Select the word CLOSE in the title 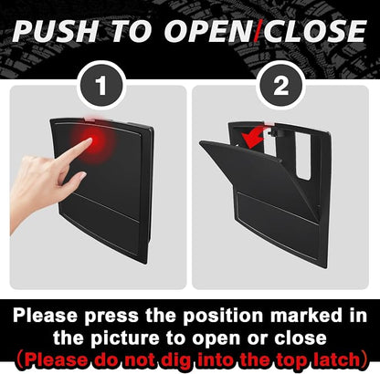pyautogui.click(x=314, y=31)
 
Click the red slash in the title pyautogui.click(x=259, y=31)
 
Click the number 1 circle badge pyautogui.click(x=101, y=86)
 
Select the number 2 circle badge pyautogui.click(x=280, y=86)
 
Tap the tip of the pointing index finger pyautogui.click(x=90, y=140)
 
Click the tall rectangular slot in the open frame pyautogui.click(x=302, y=155)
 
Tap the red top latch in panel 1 pyautogui.click(x=92, y=119)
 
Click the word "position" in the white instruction pyautogui.click(x=223, y=316)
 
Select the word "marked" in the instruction pyautogui.click(x=306, y=316)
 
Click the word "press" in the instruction pyautogui.click(x=111, y=317)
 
